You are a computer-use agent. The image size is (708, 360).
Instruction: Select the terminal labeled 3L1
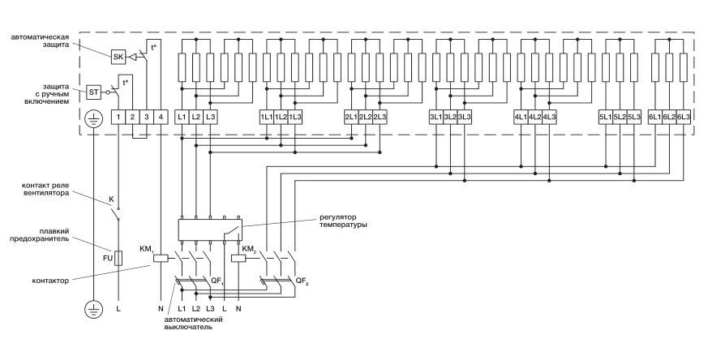point(436,117)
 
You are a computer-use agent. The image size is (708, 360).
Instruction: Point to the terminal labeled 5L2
point(620,117)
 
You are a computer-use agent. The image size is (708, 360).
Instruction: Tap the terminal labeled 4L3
point(549,117)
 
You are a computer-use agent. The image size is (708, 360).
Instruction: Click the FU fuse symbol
point(118,258)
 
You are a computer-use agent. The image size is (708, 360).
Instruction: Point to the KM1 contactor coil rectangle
point(161,259)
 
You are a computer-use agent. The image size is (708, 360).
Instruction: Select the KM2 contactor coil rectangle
point(239,259)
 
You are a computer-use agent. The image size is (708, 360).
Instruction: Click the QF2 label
point(301,282)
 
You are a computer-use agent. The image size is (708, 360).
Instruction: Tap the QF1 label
point(217,282)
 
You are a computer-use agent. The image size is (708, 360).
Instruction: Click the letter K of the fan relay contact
point(112,199)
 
